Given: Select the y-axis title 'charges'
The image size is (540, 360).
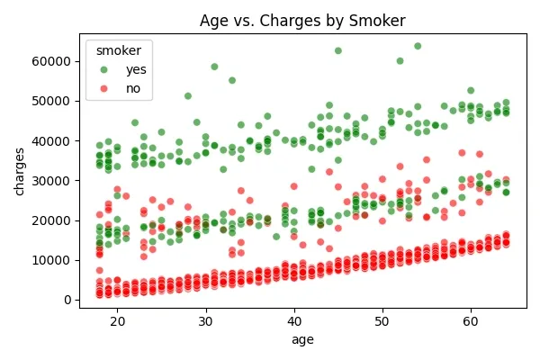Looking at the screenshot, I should coord(20,171).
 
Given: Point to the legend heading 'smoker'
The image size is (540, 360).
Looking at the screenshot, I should coord(118,50).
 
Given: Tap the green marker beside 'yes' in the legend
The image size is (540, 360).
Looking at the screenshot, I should coord(104,69).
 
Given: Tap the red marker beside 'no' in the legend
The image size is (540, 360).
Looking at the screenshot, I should coord(104,88).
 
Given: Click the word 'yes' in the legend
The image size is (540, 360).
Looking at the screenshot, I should coord(136,69).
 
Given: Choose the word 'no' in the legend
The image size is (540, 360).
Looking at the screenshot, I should coord(133,88).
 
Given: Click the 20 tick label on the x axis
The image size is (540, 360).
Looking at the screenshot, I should coord(118,319).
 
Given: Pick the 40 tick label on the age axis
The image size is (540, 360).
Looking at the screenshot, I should coord(294,319).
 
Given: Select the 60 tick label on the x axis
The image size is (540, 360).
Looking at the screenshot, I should coord(471,319).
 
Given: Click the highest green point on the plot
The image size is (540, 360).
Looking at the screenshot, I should coord(418,46).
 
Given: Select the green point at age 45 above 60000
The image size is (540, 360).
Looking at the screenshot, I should coord(338,50).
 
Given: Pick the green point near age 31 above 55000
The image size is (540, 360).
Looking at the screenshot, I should coord(214,67).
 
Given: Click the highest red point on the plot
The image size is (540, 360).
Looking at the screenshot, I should coord(462,153).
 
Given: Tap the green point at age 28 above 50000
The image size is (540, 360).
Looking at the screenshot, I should coord(188,95).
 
